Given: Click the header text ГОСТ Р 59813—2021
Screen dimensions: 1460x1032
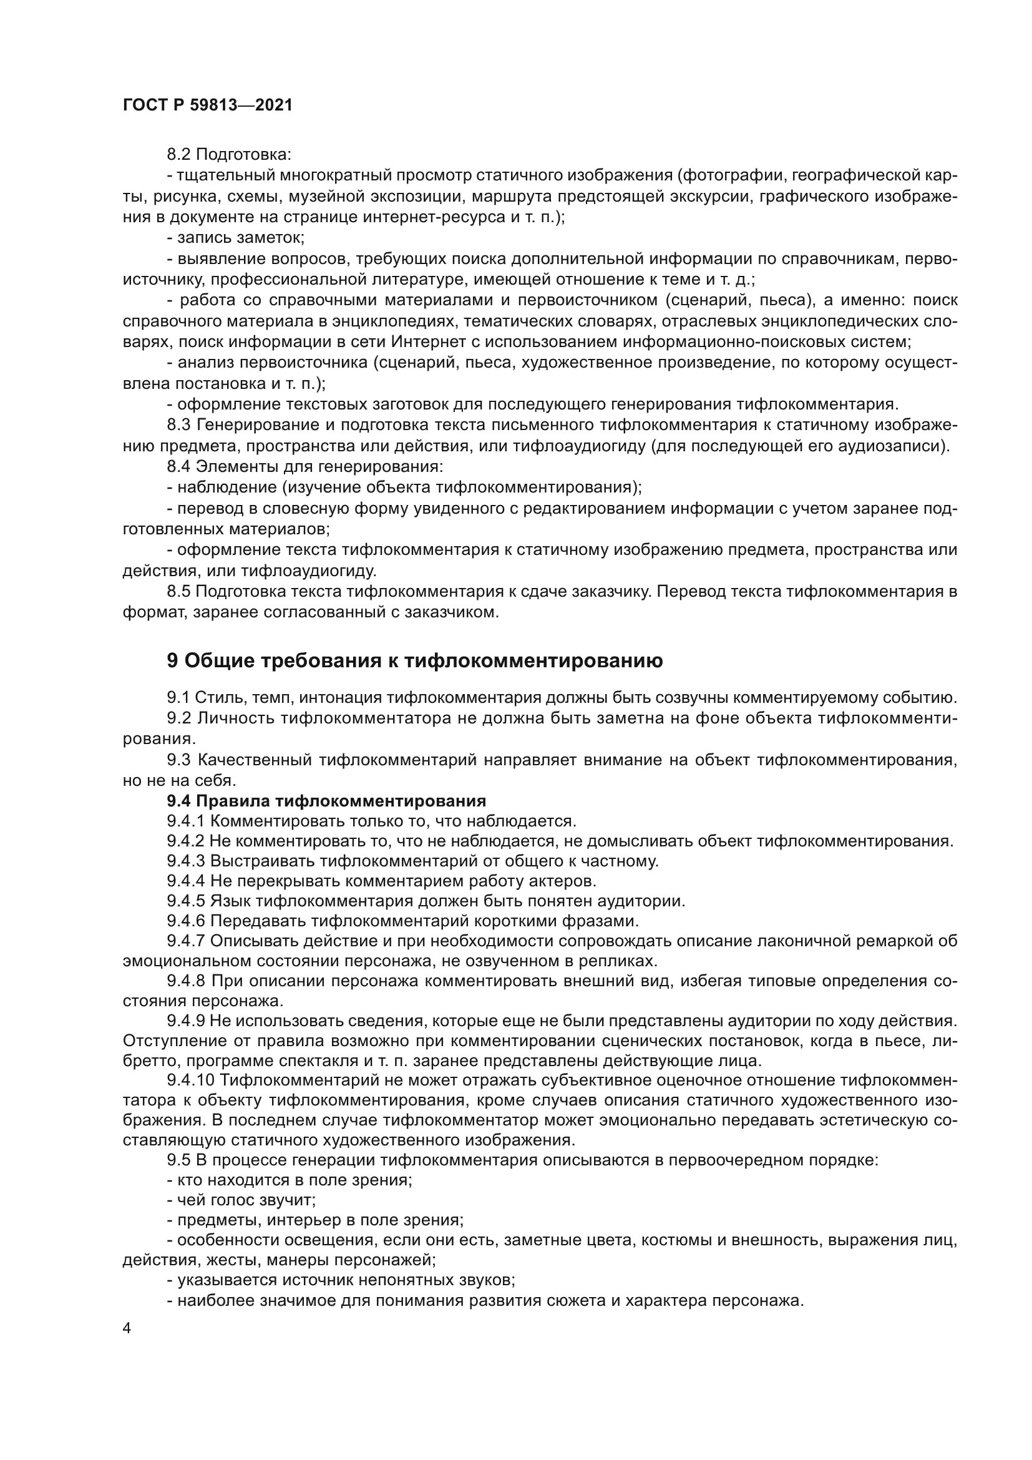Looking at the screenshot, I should pos(207,105).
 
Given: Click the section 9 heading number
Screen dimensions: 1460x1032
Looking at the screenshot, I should pos(172,661).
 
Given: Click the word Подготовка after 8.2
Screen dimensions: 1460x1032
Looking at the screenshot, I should pos(243,155).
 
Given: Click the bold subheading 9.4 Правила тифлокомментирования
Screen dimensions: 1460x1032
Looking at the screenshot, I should pos(326,801).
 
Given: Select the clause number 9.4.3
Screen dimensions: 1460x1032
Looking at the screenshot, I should pos(185,861).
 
